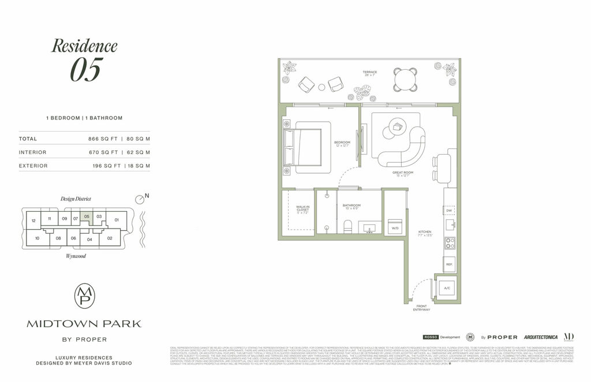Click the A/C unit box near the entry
pyautogui.click(x=447, y=288)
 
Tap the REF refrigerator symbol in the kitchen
pyautogui.click(x=449, y=264)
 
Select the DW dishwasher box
pyautogui.click(x=449, y=211)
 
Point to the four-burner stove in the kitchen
pyautogui.click(x=449, y=243)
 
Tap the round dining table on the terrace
pyautogui.click(x=405, y=79)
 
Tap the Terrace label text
pyautogui.click(x=369, y=72)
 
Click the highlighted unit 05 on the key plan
pyautogui.click(x=86, y=217)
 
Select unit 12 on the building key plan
pyautogui.click(x=33, y=221)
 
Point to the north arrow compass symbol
pyautogui.click(x=139, y=199)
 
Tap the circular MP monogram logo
pyautogui.click(x=84, y=295)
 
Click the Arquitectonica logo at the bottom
pyautogui.click(x=540, y=337)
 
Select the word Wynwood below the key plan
pyautogui.click(x=76, y=255)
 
